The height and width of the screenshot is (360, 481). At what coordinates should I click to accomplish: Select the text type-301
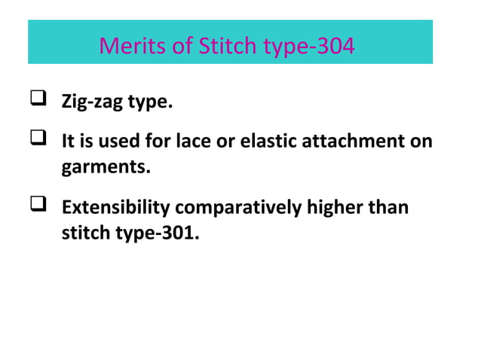pos(161,233)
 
